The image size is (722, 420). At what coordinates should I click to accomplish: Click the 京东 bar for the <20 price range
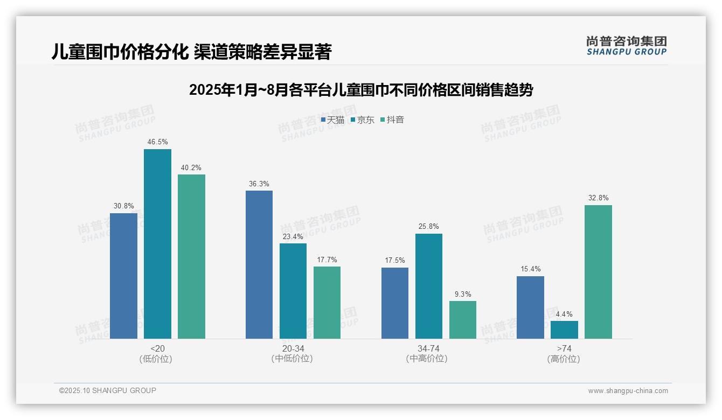point(157,244)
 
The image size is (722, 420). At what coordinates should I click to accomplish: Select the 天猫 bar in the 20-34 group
point(259,264)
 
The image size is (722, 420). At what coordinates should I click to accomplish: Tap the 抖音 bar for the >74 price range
point(598,272)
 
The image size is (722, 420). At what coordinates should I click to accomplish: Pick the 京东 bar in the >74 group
point(564,330)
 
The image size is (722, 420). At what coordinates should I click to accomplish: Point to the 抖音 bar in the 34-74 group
point(463,320)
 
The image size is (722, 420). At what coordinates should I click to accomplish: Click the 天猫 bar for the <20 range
point(123,276)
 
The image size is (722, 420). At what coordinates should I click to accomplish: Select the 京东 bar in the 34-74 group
point(429,286)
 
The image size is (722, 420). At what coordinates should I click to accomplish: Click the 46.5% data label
point(157,142)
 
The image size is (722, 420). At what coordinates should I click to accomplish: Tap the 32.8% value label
point(598,198)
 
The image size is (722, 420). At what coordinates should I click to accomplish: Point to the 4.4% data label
point(564,314)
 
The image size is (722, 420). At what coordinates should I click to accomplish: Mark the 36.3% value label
point(259,184)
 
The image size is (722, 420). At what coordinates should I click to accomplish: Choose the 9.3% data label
point(463,295)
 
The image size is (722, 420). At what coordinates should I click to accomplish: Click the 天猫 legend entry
point(332,120)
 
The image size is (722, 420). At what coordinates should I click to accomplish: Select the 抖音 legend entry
point(392,120)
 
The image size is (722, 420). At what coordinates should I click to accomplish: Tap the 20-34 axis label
point(293,349)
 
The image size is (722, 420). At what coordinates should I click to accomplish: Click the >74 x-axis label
point(564,349)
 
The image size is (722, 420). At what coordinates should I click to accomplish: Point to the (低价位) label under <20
point(156,359)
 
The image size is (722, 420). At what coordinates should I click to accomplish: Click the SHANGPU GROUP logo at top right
point(626,46)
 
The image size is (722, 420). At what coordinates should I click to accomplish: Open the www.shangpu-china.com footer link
point(628,391)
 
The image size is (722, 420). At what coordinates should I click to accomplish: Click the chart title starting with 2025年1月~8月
point(361,90)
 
